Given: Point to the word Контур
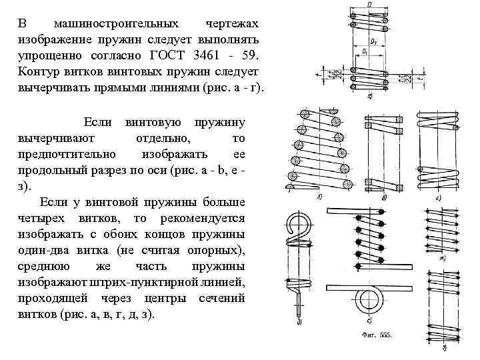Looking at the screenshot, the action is point(39,71).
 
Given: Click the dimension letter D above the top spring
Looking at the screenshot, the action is point(369,6).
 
